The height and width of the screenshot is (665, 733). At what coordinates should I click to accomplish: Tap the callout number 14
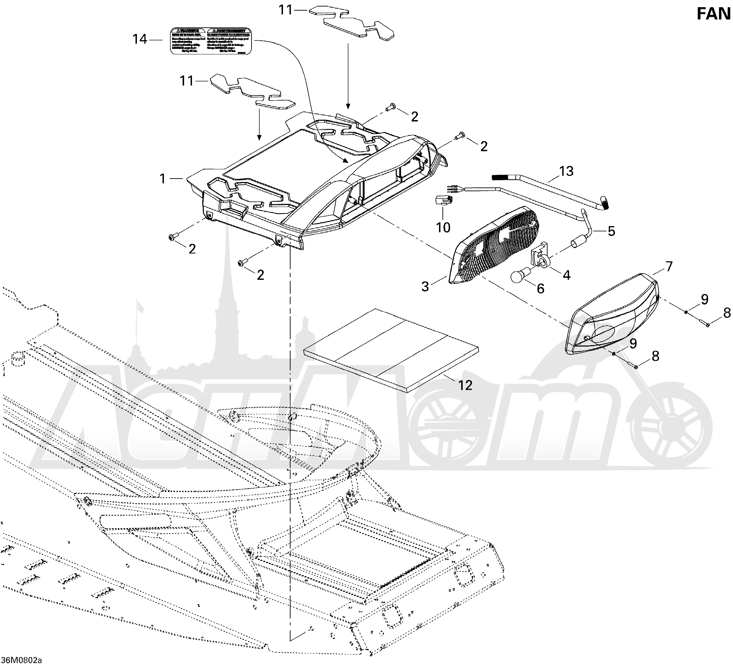(x=140, y=39)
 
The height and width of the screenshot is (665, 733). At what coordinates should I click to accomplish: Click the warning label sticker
(x=211, y=41)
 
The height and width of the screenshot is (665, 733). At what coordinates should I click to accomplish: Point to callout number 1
(x=163, y=179)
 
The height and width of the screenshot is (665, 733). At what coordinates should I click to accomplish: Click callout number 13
(x=566, y=171)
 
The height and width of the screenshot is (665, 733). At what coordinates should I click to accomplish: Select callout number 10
(x=443, y=227)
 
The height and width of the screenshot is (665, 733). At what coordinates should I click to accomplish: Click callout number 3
(x=425, y=286)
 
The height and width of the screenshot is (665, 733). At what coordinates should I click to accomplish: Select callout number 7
(x=669, y=266)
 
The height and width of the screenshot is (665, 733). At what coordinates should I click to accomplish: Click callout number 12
(x=465, y=385)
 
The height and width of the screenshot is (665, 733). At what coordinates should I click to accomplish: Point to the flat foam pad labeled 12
(x=391, y=349)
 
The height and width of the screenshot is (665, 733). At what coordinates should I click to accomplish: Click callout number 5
(x=611, y=231)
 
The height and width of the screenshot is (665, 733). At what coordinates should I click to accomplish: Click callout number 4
(x=566, y=275)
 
